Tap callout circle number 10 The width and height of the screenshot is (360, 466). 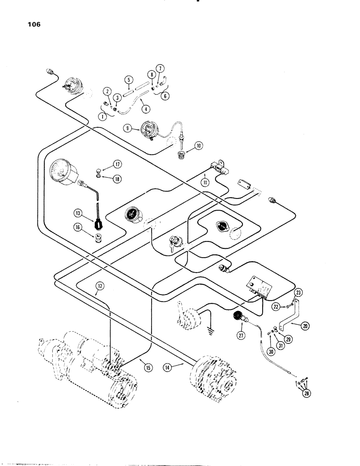199,146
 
